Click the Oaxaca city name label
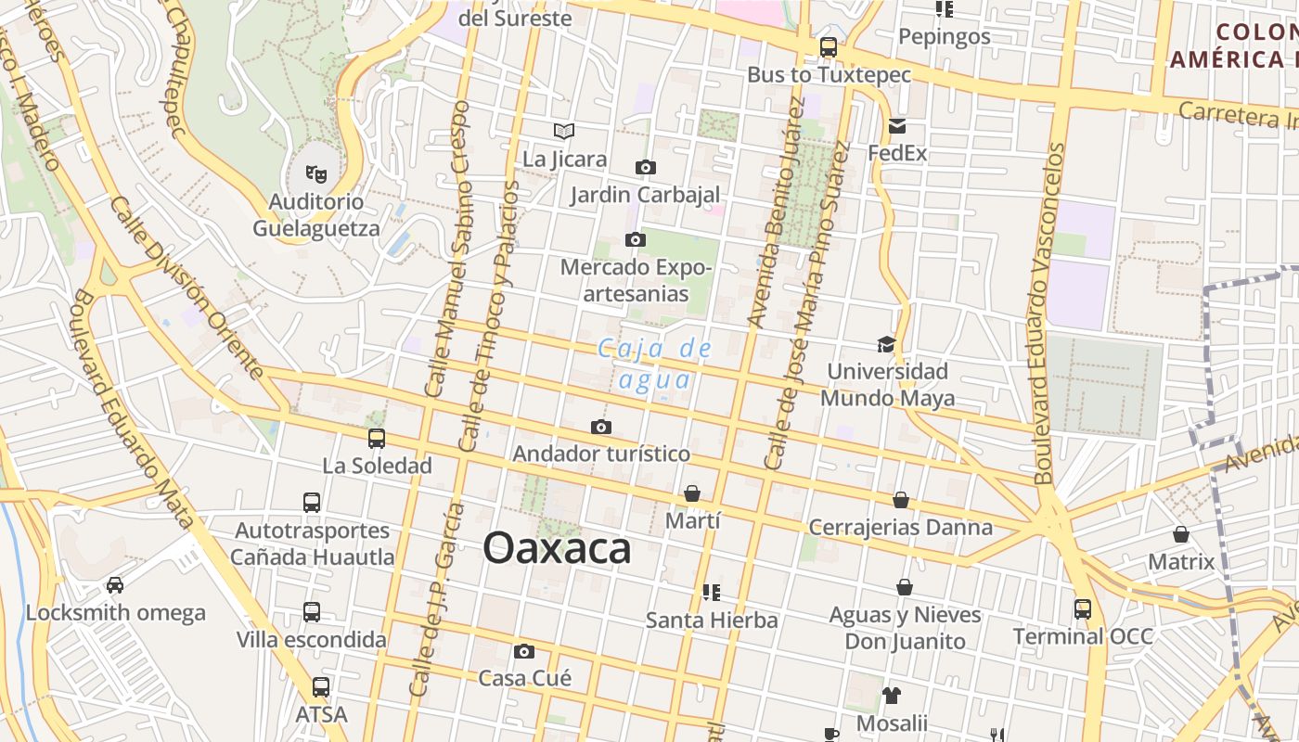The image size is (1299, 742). tap(557, 548)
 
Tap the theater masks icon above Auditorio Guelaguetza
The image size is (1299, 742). tap(316, 173)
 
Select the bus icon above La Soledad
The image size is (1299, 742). tap(377, 439)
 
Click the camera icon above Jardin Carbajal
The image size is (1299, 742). tap(645, 168)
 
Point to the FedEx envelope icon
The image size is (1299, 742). tap(897, 126)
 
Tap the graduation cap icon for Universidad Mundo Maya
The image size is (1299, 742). tap(886, 344)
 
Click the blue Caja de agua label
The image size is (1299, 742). tap(654, 364)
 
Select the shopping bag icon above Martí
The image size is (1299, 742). tap(692, 493)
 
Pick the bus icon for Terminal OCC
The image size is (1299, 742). tap(1083, 609)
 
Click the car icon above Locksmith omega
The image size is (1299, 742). tap(115, 585)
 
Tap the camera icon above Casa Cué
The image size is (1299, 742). tap(524, 651)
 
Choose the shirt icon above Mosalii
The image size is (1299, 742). tap(892, 695)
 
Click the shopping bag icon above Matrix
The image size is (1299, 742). tap(1181, 534)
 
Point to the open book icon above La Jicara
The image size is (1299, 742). tap(564, 132)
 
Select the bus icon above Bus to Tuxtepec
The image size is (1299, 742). tap(829, 47)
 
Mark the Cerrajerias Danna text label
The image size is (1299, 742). tap(900, 528)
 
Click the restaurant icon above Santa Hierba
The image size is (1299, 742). tap(712, 592)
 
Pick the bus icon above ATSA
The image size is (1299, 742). tap(321, 687)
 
